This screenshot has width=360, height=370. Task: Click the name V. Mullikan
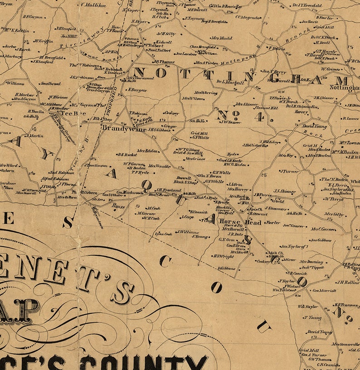[x=93, y=5]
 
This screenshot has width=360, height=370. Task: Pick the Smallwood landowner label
[x=50, y=83]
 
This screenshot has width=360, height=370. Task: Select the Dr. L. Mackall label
[x=233, y=83]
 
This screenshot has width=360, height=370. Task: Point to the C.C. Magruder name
[x=248, y=17]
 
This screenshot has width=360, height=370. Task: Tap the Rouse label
[x=118, y=206]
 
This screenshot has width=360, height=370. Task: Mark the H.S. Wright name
[x=224, y=256]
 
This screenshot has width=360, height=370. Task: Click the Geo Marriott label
[x=325, y=290]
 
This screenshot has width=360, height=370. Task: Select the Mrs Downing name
[x=311, y=262]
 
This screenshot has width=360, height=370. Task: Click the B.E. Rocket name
[x=126, y=155]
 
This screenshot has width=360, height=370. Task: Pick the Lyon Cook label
[x=163, y=234]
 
